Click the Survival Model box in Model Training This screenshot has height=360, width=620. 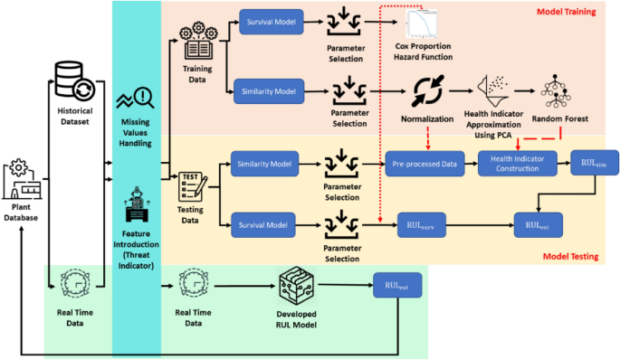[x=271, y=21]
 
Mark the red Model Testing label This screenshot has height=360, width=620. [x=570, y=257]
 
